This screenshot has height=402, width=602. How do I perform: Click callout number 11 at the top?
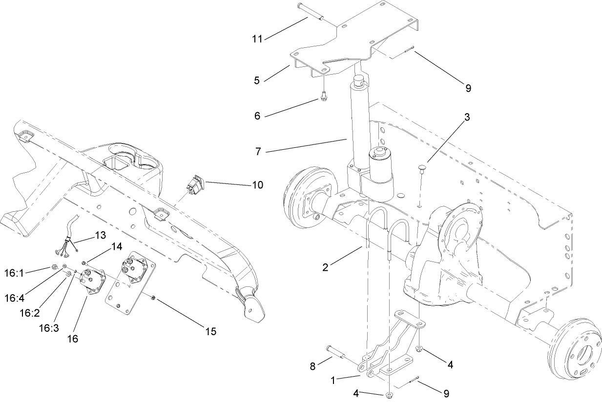point(257,38)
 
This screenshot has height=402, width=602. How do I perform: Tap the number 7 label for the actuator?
point(258,151)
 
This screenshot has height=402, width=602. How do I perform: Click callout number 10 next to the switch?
point(257,185)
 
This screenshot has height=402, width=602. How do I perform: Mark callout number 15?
point(210,331)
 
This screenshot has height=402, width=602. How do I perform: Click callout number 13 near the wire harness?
point(100,235)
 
